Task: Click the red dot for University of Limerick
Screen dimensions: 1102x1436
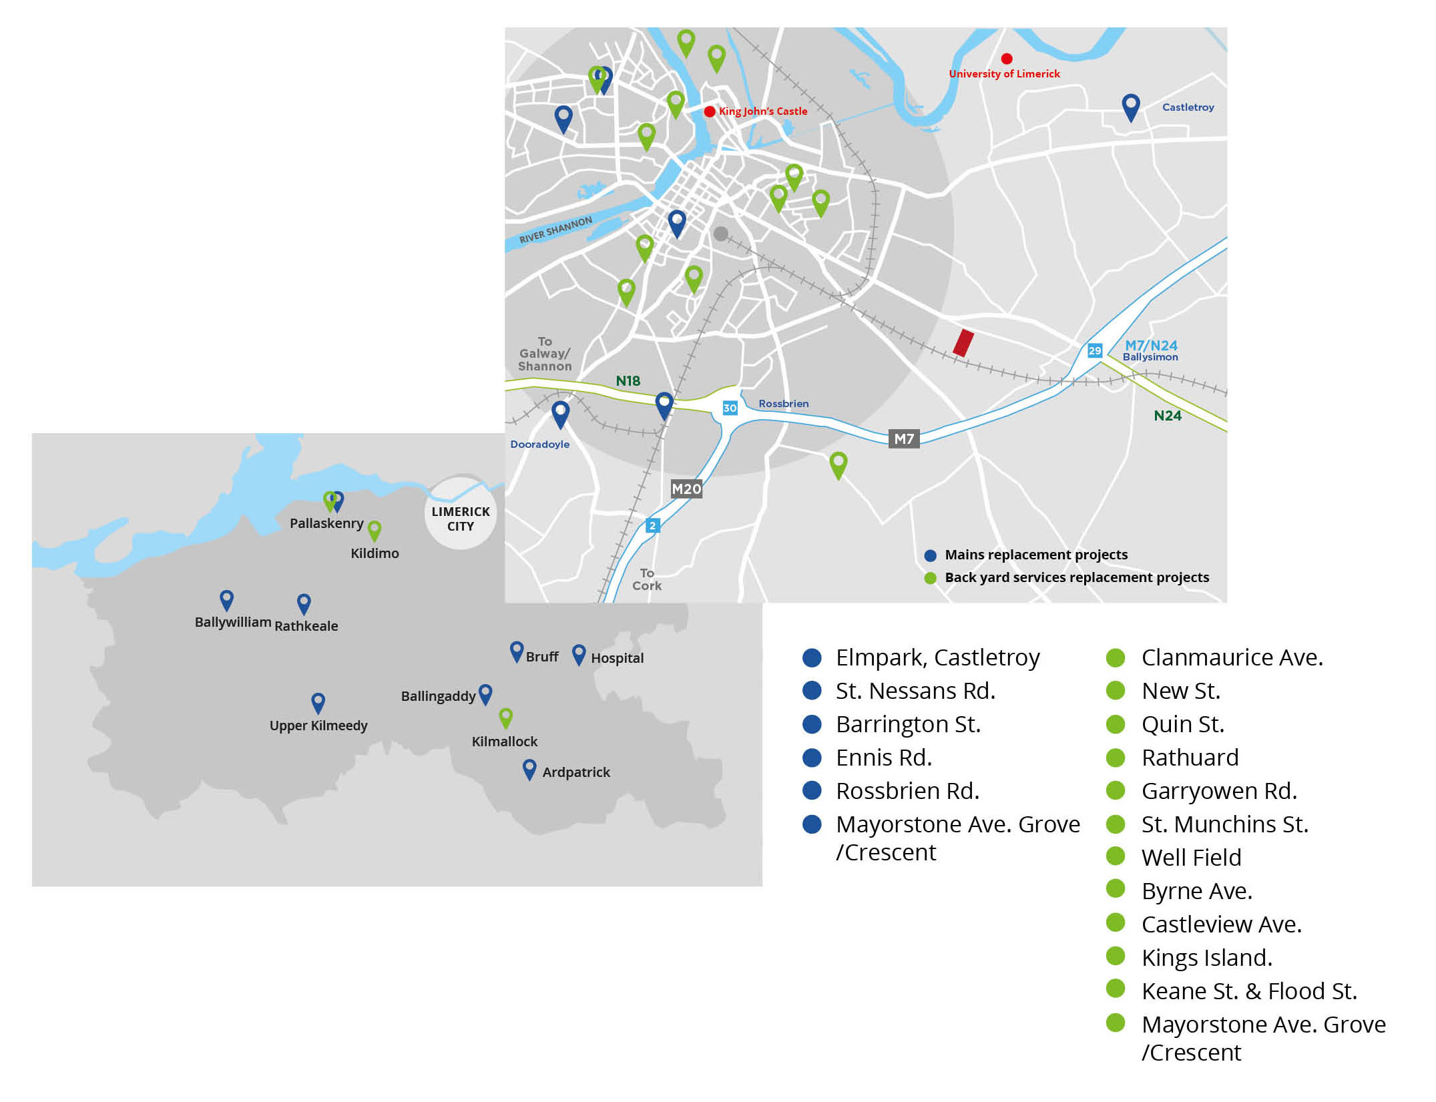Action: (1006, 59)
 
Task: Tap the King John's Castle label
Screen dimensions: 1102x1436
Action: (762, 111)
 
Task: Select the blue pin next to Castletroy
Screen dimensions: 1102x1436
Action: (1130, 105)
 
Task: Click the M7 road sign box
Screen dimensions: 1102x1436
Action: (903, 439)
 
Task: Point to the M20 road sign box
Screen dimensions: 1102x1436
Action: (686, 489)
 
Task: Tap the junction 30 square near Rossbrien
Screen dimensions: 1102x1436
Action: (730, 408)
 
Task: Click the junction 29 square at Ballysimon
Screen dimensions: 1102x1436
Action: (1094, 350)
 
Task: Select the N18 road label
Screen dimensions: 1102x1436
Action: (628, 380)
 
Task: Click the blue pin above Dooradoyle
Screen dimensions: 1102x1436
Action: (560, 412)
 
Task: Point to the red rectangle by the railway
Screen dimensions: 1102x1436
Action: (963, 342)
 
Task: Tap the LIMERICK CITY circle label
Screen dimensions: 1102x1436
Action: (460, 519)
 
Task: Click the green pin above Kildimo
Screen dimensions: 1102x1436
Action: (375, 530)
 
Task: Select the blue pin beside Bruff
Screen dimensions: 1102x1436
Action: (516, 651)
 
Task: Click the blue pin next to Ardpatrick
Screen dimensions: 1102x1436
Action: (529, 768)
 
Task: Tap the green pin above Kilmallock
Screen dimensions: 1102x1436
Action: (505, 718)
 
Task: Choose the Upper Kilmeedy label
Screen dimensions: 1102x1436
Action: (318, 726)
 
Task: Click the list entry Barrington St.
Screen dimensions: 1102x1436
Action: (907, 724)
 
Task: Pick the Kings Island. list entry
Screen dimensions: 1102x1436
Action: (1206, 958)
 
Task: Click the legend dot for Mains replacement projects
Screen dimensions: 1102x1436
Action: (929, 555)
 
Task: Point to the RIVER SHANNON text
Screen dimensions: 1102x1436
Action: (555, 230)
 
